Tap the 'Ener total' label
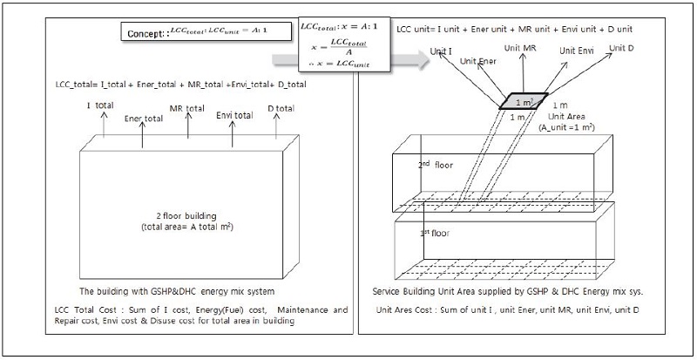click(144, 117)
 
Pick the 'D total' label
click(281, 107)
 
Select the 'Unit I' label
click(442, 52)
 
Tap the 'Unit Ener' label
click(479, 62)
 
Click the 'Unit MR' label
click(524, 45)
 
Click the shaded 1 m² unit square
click(523, 101)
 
